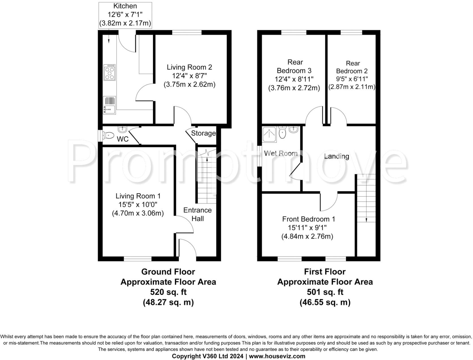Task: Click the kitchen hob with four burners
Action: [109, 72]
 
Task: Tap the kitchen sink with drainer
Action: [109, 105]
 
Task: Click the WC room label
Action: [123, 139]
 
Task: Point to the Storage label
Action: [203, 133]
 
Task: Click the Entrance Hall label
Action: [197, 214]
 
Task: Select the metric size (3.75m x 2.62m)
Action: [189, 84]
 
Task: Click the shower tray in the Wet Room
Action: [269, 134]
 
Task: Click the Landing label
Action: [336, 156]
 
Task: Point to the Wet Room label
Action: [281, 153]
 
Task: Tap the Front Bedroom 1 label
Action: [309, 219]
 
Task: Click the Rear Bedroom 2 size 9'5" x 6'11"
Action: [352, 79]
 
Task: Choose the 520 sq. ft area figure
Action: [168, 292]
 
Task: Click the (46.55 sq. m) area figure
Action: [325, 302]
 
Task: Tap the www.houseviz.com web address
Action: [277, 356]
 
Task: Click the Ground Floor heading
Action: [168, 272]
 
